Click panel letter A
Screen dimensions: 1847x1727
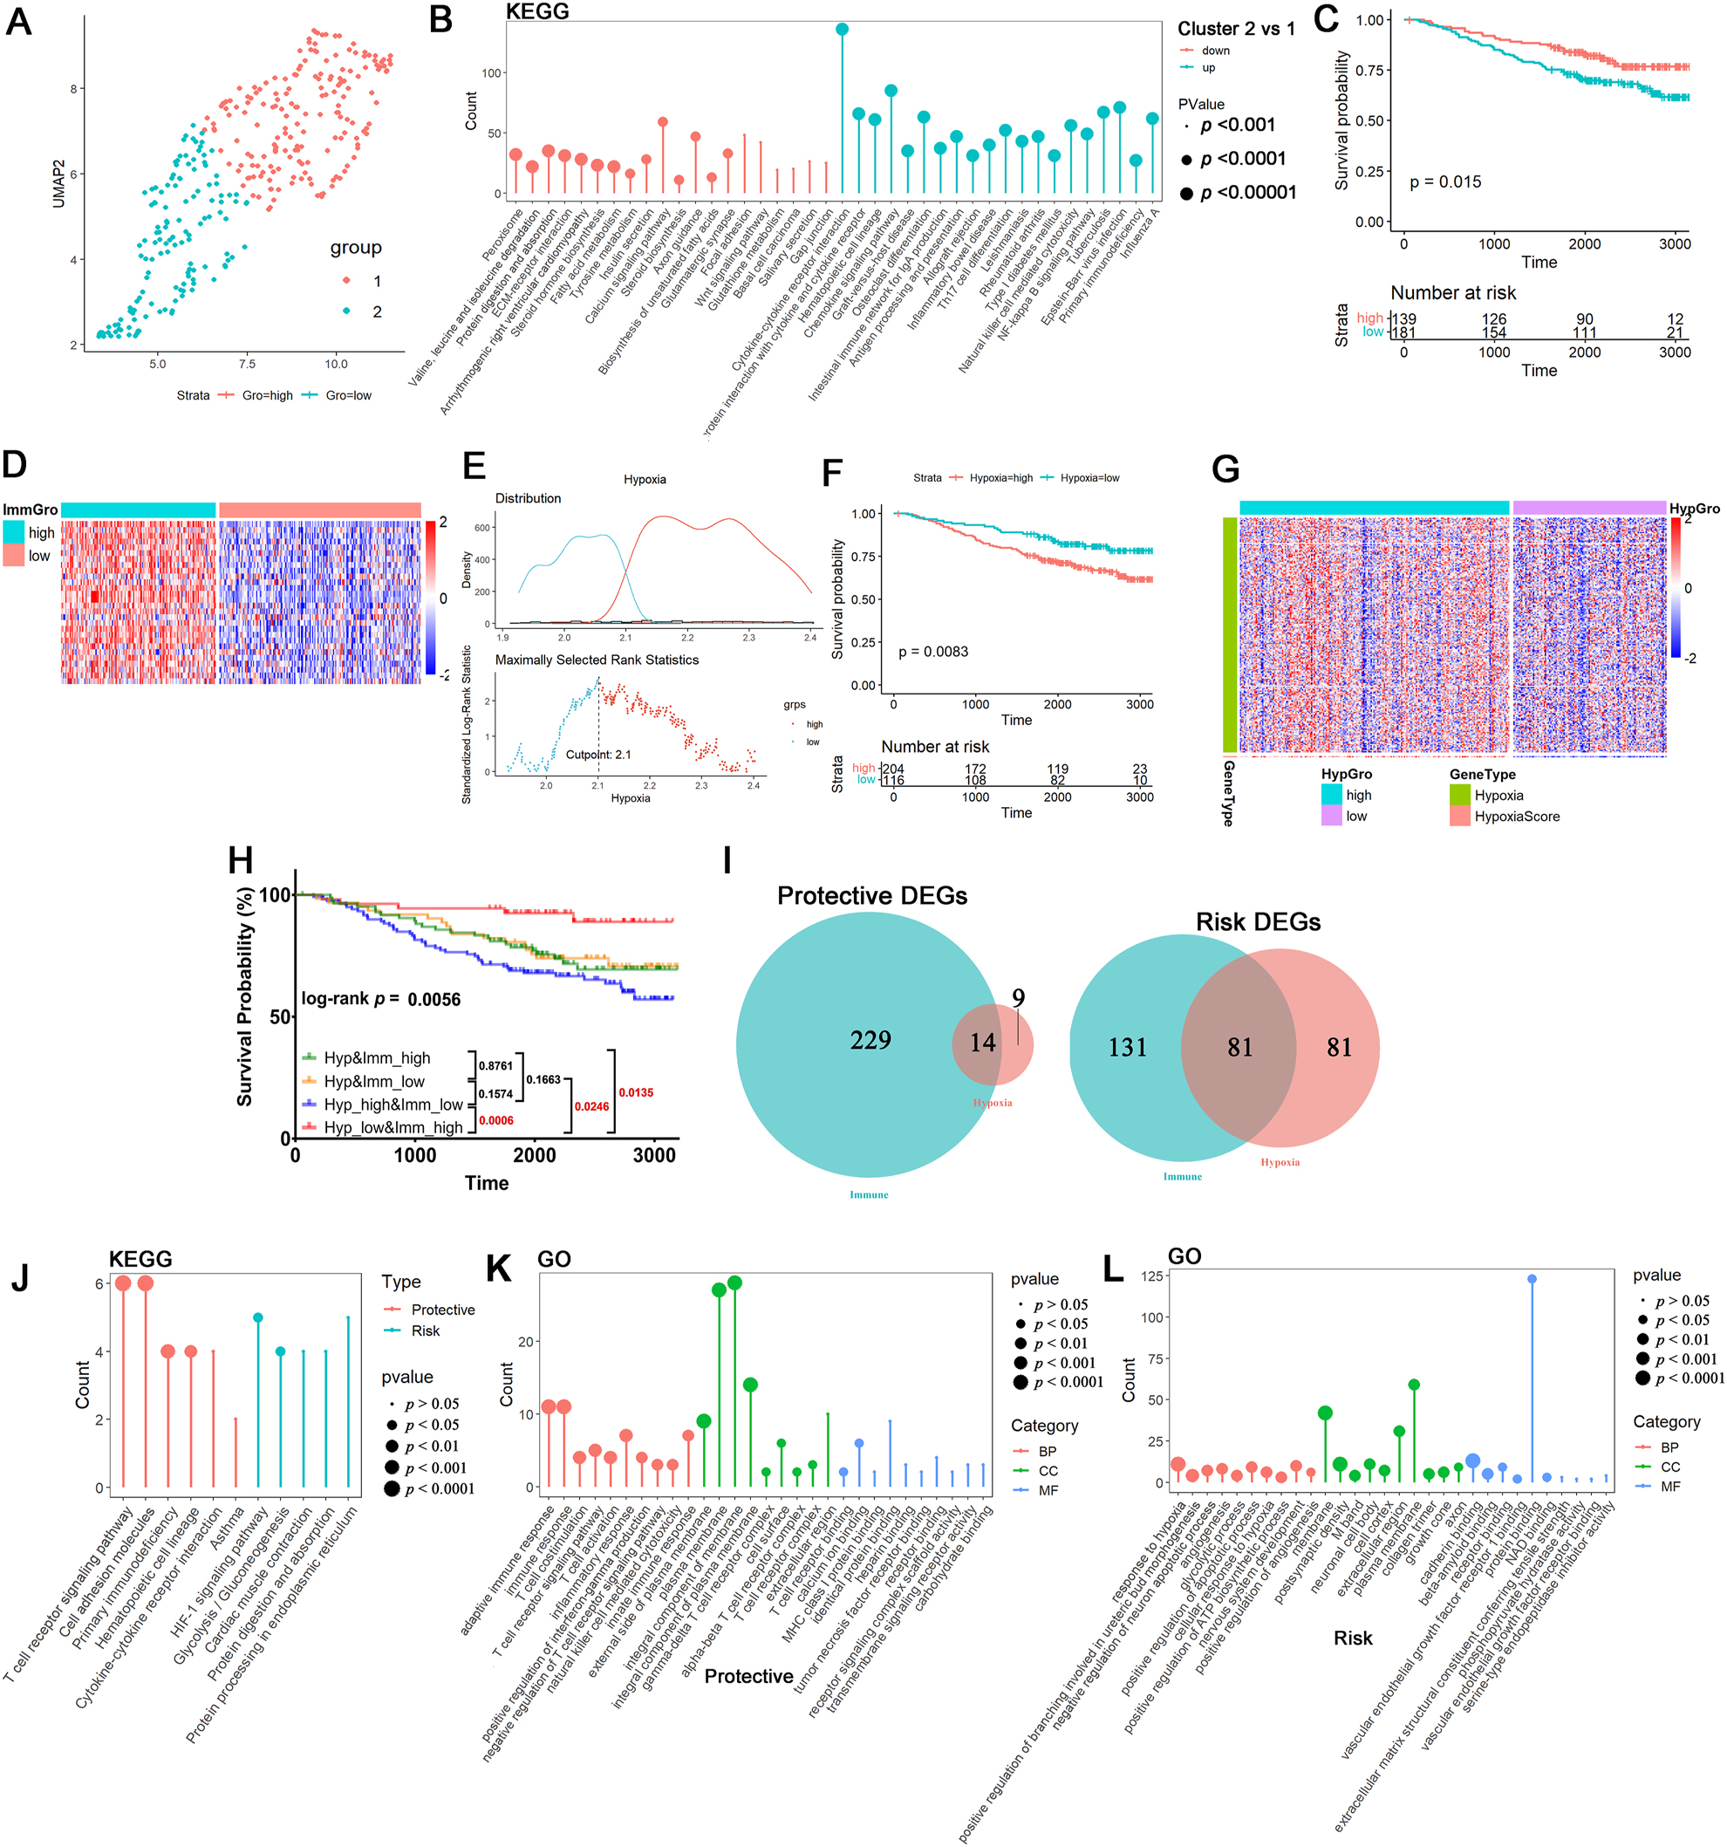[x=18, y=20]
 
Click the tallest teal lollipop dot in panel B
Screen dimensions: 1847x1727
[x=842, y=30]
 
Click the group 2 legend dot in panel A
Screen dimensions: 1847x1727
[x=346, y=311]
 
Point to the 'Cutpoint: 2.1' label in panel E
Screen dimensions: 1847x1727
[x=598, y=755]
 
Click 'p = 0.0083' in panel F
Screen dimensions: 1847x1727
[x=932, y=651]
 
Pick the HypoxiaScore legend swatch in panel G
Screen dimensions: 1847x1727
[x=1459, y=816]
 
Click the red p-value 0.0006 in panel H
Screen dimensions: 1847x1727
[x=496, y=1120]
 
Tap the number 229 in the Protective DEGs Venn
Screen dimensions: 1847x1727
[x=870, y=1040]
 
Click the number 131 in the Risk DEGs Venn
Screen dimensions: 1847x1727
[x=1127, y=1047]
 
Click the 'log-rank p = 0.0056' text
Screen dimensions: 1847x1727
[x=381, y=999]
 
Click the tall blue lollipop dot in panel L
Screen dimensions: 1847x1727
[x=1531, y=1279]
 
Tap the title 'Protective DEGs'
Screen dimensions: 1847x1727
[x=871, y=896]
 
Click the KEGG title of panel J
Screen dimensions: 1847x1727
[x=140, y=1259]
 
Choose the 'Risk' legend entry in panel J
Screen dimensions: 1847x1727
[x=426, y=1331]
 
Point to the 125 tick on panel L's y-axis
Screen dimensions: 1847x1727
[x=1151, y=1276]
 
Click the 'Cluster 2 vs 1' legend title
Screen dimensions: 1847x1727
[x=1236, y=29]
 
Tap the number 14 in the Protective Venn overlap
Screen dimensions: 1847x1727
[x=982, y=1043]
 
